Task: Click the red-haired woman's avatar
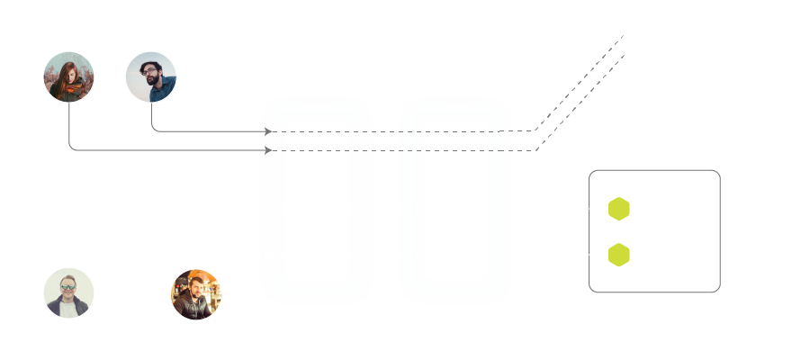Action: (69, 76)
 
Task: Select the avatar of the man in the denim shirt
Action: (151, 76)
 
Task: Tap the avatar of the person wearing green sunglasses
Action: (69, 292)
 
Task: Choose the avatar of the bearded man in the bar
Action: (195, 294)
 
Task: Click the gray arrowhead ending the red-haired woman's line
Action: (267, 150)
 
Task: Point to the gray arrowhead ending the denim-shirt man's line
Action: (267, 131)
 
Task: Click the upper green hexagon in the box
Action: (618, 209)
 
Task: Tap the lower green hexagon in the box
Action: (618, 255)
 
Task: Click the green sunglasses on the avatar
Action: (67, 289)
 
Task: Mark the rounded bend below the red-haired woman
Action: (72, 148)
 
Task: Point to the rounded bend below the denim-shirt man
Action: (154, 129)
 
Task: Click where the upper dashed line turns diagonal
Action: (535, 131)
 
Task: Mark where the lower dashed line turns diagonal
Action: (537, 150)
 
